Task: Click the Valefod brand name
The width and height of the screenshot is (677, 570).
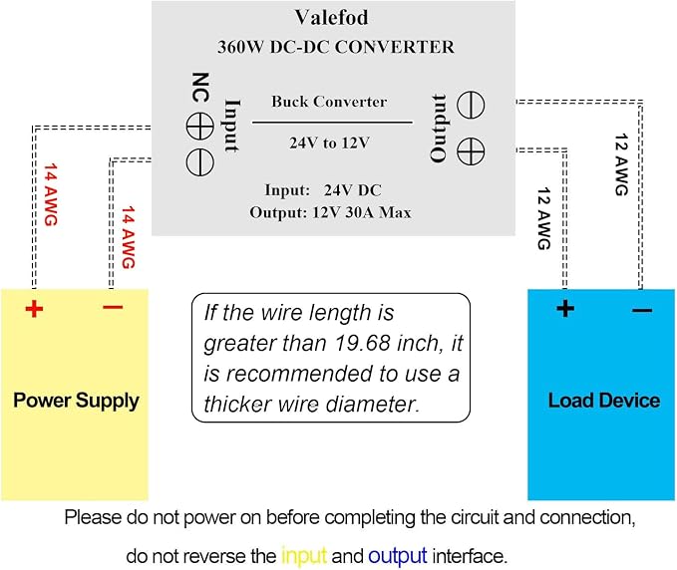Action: pyautogui.click(x=332, y=18)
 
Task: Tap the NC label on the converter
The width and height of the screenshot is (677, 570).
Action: pyautogui.click(x=200, y=87)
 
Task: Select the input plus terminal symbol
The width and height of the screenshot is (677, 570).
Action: pyautogui.click(x=199, y=127)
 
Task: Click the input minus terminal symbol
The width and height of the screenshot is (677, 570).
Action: pyautogui.click(x=199, y=162)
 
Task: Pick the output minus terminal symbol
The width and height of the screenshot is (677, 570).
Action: pyautogui.click(x=471, y=105)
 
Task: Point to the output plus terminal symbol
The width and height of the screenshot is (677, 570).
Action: pyautogui.click(x=471, y=151)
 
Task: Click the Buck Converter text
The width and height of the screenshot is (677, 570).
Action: pyautogui.click(x=329, y=102)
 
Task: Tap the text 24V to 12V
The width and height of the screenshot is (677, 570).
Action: pyautogui.click(x=329, y=142)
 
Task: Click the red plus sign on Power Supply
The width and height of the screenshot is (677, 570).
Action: pyautogui.click(x=34, y=309)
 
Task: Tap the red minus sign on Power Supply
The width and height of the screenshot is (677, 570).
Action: pyautogui.click(x=113, y=307)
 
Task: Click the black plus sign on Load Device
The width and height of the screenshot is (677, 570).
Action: pyautogui.click(x=565, y=309)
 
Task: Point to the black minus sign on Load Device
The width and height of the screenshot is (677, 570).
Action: pyautogui.click(x=642, y=310)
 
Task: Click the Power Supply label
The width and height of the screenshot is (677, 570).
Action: pyautogui.click(x=76, y=401)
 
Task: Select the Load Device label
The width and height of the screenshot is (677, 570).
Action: pyautogui.click(x=604, y=401)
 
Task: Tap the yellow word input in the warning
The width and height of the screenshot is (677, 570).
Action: pyautogui.click(x=304, y=556)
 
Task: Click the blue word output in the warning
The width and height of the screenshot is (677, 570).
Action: pyautogui.click(x=398, y=556)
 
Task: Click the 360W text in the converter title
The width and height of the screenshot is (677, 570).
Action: pyautogui.click(x=240, y=47)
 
